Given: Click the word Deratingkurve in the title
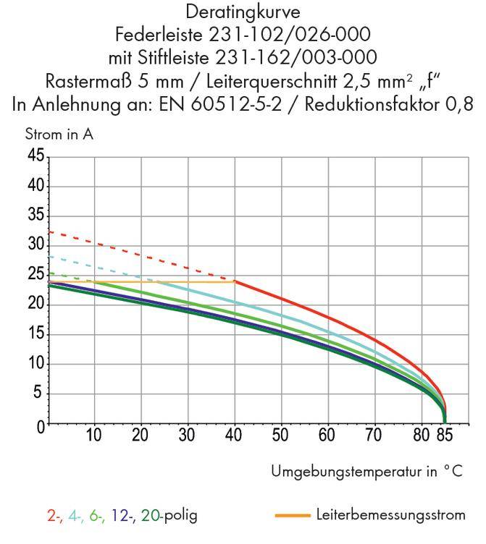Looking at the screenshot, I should tap(242, 12).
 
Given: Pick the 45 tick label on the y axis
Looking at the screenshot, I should tap(34, 156).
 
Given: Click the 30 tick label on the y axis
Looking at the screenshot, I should tap(34, 245).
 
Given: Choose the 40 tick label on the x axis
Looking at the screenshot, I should tap(235, 436).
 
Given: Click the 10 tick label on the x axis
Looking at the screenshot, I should tap(93, 436).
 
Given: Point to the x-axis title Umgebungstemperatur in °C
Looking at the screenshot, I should tap(366, 472).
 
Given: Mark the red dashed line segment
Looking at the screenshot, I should tap(145, 255).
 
